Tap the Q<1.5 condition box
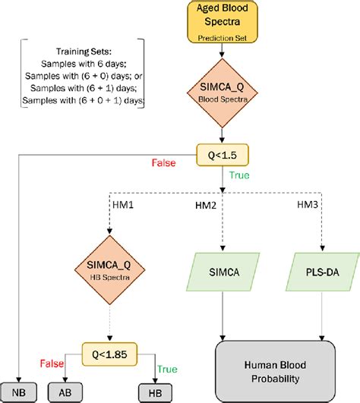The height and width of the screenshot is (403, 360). pos(222,155)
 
